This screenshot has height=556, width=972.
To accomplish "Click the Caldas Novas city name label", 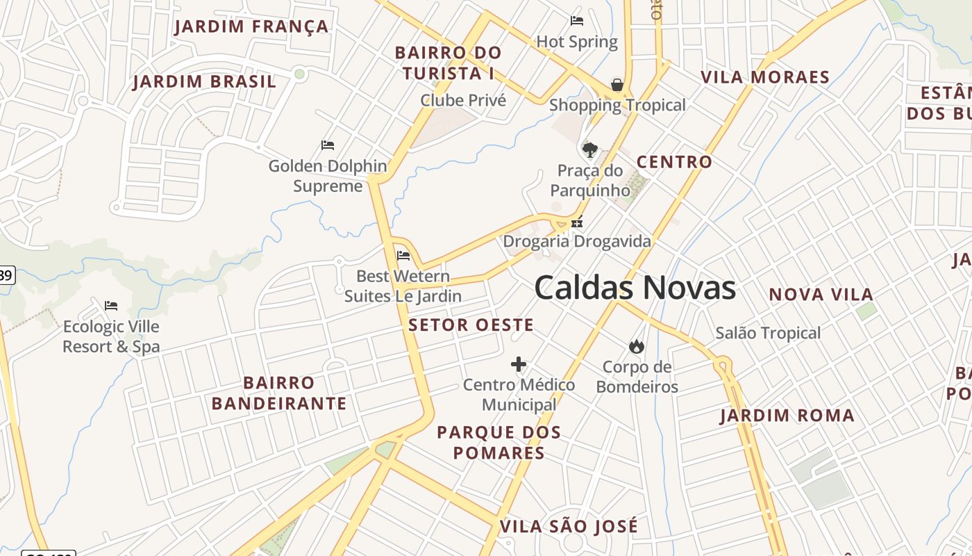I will [x=635, y=288].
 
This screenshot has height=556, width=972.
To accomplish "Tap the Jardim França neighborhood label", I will [x=251, y=27].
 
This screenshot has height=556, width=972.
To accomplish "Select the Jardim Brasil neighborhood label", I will [x=204, y=81].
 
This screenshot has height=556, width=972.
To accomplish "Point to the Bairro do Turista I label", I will [x=448, y=63].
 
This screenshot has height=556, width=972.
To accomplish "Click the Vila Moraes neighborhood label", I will [x=765, y=77].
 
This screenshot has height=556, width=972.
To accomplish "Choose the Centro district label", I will [x=674, y=162].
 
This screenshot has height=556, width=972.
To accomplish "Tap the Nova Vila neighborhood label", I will [x=821, y=295].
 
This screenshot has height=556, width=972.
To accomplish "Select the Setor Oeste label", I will [x=471, y=325].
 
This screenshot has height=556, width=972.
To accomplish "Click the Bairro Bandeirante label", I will [x=278, y=393].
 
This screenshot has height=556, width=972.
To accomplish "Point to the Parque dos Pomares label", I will [x=498, y=443].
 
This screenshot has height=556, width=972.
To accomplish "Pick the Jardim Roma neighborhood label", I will [x=787, y=416].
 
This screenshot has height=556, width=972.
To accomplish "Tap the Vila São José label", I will [x=569, y=526].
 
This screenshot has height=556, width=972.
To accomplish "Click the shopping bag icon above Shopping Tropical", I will [x=617, y=85].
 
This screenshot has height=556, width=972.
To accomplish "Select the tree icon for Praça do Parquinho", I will [x=590, y=149].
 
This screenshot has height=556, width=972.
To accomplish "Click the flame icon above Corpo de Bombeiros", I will [x=636, y=346].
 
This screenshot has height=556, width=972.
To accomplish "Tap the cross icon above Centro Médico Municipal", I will [x=519, y=364].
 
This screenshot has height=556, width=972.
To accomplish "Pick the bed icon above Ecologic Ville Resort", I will [x=111, y=305].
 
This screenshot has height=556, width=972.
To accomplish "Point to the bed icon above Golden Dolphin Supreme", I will [x=328, y=145].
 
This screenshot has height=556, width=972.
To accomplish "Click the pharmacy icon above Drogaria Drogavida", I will [x=576, y=223].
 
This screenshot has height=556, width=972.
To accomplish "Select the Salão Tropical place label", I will [x=768, y=333].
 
